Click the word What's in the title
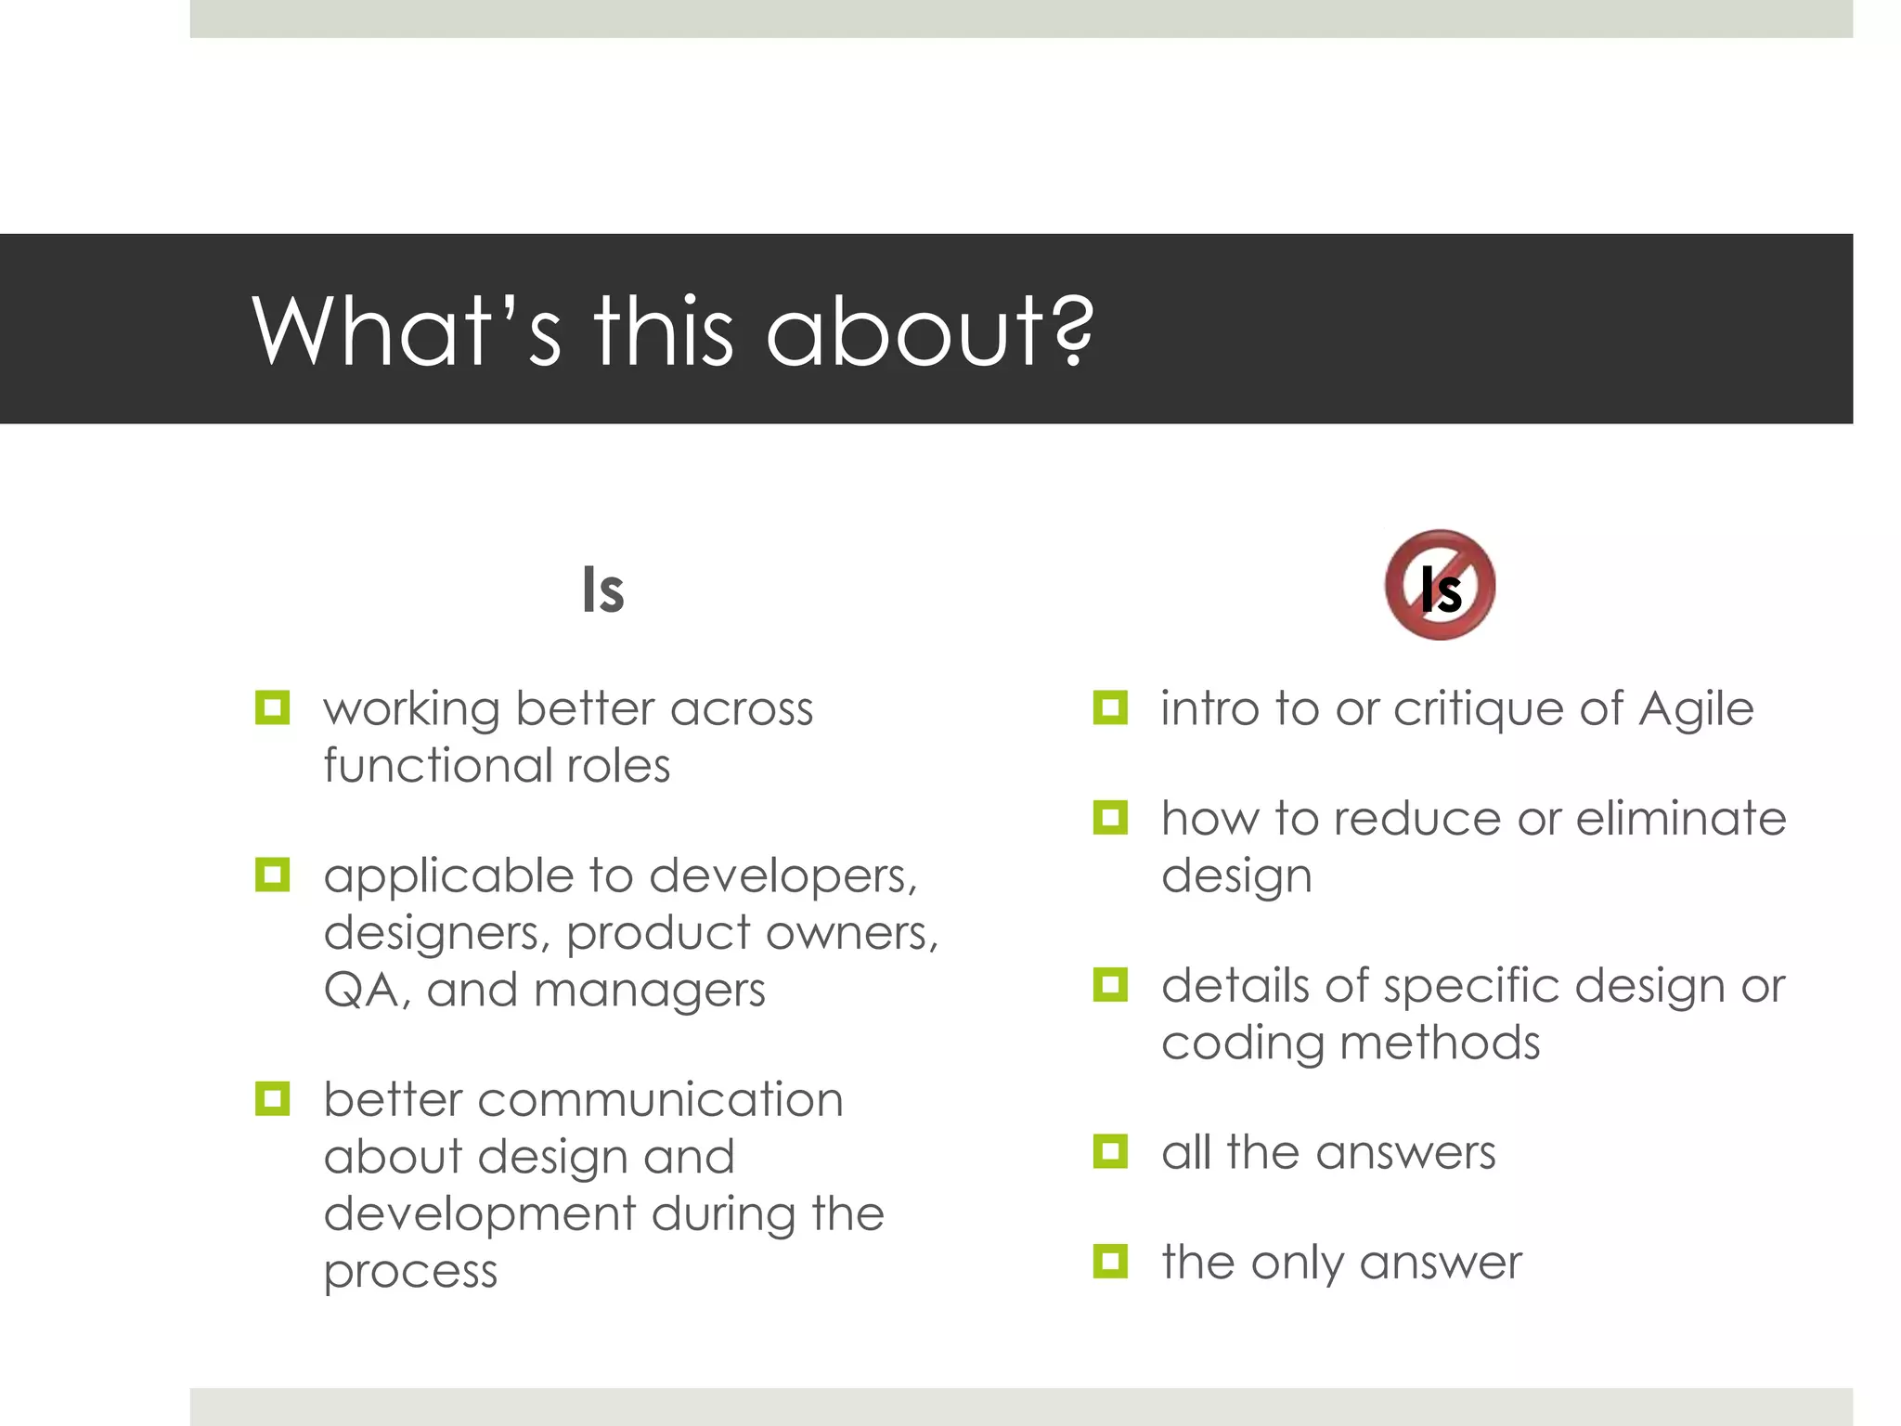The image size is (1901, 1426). click(407, 331)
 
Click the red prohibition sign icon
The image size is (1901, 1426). click(1440, 585)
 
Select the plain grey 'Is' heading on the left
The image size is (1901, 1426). click(602, 590)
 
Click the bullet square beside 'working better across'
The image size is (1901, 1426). click(272, 708)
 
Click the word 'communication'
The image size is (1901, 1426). click(660, 1100)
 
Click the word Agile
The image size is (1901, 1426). click(1696, 709)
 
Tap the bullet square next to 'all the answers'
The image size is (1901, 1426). click(1110, 1151)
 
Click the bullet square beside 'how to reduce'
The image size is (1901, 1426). click(1110, 818)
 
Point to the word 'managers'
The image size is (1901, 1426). click(649, 990)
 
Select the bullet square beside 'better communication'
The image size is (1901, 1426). click(272, 1099)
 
